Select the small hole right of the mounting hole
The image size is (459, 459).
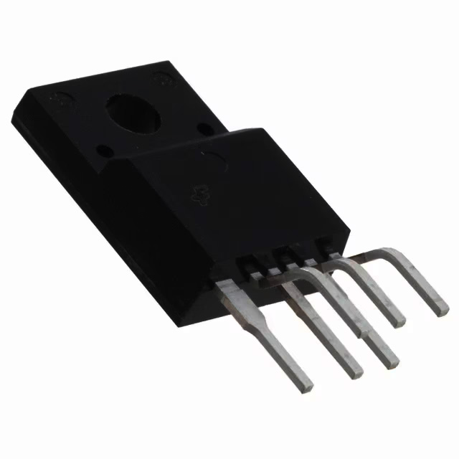[204, 130]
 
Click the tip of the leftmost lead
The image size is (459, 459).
[306, 385]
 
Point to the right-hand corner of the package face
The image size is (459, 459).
[349, 231]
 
